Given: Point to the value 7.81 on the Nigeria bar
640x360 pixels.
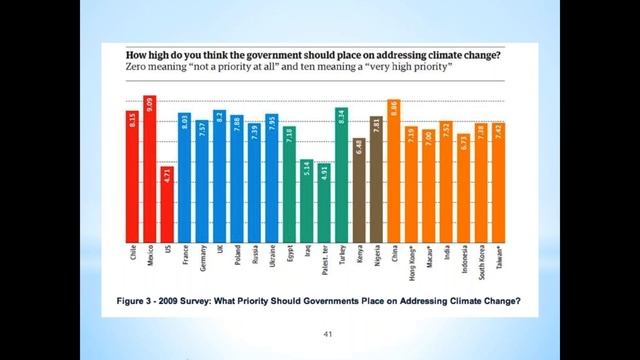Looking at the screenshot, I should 376,128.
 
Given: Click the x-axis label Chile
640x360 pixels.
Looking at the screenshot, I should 132,259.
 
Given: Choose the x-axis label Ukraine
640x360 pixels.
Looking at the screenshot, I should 272,263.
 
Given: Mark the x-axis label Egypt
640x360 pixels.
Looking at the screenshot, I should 289,260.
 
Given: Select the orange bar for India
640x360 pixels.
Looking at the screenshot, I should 446,185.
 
